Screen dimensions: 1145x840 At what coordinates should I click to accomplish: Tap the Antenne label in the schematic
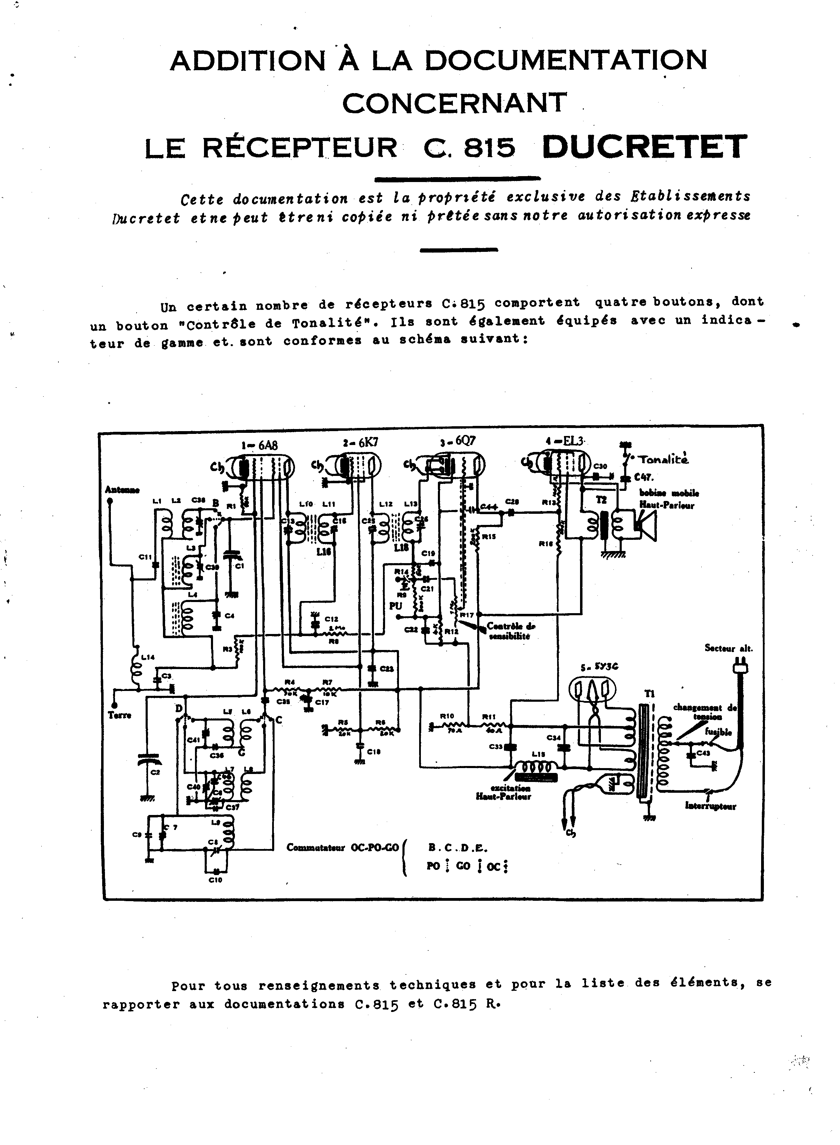click(122, 489)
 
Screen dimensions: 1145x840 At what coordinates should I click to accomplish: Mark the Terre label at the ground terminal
click(120, 715)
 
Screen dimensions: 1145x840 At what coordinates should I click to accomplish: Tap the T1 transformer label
click(650, 694)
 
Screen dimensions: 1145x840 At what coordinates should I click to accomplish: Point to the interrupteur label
click(710, 806)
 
